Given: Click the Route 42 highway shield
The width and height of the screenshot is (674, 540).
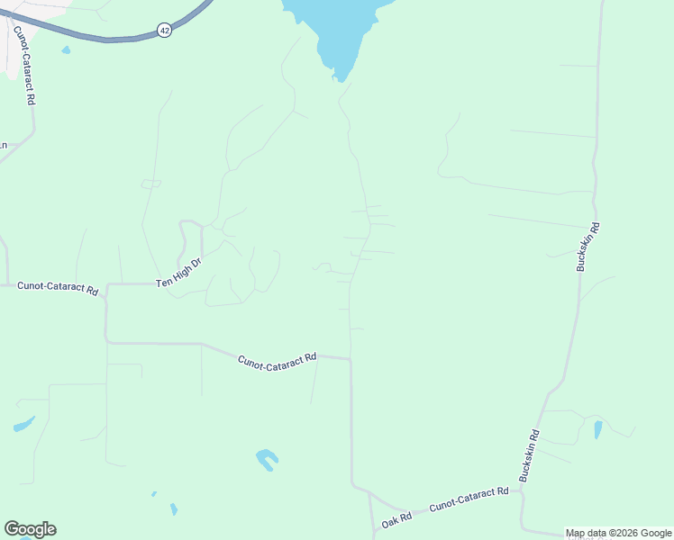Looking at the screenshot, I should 165,30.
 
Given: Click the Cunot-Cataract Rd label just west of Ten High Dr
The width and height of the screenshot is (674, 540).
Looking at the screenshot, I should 58,289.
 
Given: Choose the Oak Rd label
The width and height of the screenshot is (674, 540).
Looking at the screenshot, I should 396,519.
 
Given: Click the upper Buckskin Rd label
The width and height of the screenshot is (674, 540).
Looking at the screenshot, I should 587,248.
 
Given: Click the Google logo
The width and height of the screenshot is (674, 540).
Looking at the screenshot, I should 30,529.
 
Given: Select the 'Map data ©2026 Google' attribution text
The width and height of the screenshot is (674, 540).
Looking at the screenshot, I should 619,533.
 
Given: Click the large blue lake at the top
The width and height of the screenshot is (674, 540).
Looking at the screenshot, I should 337,31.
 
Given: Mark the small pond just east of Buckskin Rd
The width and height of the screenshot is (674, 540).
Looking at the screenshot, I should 598,429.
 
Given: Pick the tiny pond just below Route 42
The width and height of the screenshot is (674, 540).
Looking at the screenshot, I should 66,50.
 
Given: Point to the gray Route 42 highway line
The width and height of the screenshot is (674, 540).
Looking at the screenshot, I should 108,39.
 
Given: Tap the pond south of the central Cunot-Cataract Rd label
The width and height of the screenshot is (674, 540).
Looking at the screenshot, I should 265,459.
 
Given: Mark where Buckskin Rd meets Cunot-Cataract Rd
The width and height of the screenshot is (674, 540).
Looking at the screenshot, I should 521,486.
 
